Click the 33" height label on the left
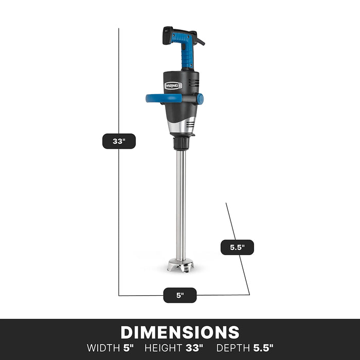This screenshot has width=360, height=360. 119,141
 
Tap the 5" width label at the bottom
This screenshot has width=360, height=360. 180,295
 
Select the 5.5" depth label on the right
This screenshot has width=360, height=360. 237,247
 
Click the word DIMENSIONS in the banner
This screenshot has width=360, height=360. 180,332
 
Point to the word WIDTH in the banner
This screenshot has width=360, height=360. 103,348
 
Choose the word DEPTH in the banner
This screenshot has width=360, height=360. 233,348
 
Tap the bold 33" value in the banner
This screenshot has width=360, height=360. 195,348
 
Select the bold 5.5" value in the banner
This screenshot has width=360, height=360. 263,348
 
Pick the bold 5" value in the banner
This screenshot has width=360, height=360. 128,348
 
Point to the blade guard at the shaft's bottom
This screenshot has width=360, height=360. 181,266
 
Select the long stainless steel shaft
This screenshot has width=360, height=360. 181,206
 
